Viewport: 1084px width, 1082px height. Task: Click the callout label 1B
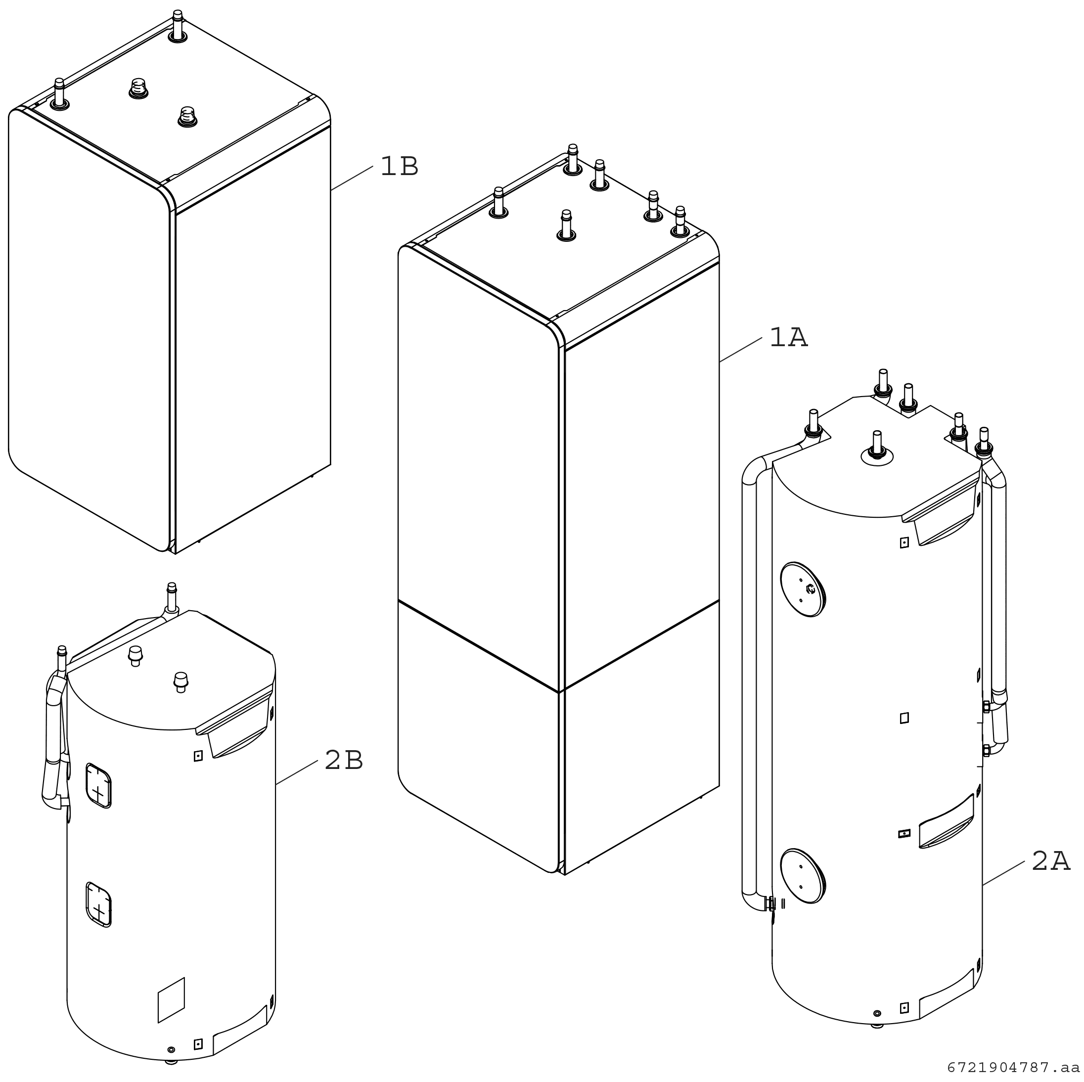point(399,166)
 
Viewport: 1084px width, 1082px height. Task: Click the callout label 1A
point(788,337)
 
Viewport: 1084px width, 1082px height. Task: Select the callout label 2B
point(344,761)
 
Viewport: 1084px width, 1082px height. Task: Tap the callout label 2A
point(1051,861)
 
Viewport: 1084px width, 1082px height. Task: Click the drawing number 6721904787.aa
point(1013,1067)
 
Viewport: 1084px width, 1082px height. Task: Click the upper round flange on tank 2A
point(803,589)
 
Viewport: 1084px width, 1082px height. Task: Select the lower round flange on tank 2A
point(803,876)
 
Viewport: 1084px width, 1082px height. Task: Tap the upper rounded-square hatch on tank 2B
point(98,785)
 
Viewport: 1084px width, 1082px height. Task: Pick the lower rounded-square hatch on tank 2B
point(98,904)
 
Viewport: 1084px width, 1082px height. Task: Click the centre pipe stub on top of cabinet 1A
point(566,225)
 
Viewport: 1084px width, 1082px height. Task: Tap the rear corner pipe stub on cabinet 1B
point(178,26)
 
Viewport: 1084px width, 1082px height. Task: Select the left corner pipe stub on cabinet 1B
point(59,94)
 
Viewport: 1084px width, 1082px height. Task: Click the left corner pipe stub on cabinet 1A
point(499,202)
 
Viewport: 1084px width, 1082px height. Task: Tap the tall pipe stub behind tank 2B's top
point(172,598)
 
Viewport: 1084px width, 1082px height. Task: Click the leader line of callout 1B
point(352,179)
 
